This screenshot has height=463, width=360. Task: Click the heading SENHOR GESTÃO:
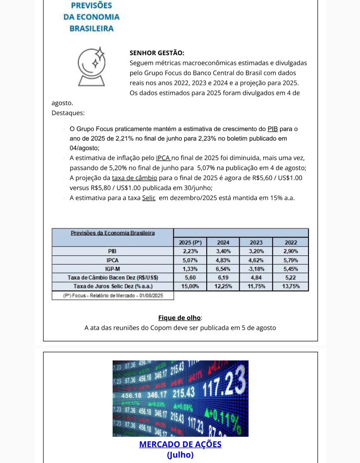(157, 53)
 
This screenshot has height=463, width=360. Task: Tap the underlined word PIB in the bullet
(273, 129)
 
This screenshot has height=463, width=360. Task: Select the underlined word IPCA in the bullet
(163, 158)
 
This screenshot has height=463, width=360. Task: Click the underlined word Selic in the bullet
(149, 198)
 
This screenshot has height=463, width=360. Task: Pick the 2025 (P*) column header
(189, 242)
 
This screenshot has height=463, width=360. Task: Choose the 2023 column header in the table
(256, 242)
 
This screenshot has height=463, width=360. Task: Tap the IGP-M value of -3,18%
(256, 269)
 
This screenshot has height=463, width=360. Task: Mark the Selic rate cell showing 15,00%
(190, 286)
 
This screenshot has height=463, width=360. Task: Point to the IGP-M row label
(113, 269)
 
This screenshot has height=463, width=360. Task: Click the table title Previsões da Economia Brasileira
(113, 233)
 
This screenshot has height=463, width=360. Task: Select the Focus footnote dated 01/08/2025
(113, 295)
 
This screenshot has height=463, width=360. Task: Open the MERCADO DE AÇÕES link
(180, 444)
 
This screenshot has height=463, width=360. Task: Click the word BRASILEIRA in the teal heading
(92, 28)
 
